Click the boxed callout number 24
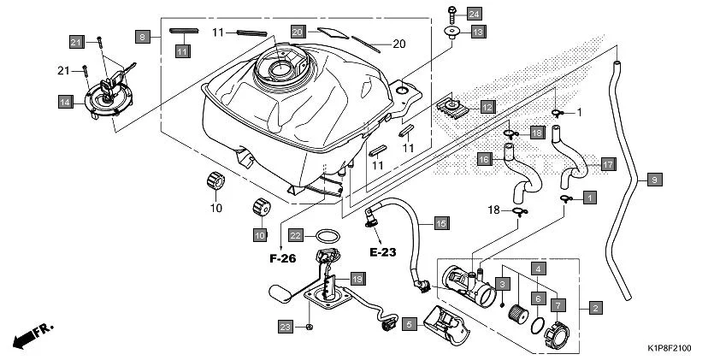click(474, 13)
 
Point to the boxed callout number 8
click(143, 36)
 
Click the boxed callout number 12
click(487, 107)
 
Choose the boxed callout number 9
click(654, 180)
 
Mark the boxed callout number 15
click(440, 223)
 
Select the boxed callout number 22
click(295, 234)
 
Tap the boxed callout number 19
click(357, 279)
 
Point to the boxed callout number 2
click(594, 307)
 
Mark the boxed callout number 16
click(484, 159)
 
